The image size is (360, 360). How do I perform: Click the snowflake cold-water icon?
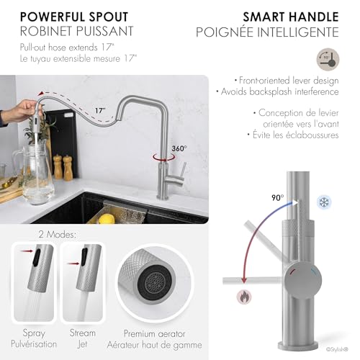[x=324, y=202]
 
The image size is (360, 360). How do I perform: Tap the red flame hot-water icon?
[x=244, y=297]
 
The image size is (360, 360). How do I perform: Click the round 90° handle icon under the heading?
[x=328, y=59]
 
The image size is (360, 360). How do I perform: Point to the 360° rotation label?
[x=179, y=148]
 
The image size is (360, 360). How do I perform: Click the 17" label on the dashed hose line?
[x=100, y=110]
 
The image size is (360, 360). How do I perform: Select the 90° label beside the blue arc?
[x=278, y=197]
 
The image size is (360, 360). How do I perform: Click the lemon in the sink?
[x=107, y=218]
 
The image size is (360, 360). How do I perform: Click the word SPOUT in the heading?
[x=109, y=17]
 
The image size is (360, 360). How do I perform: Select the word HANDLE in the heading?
[x=314, y=17]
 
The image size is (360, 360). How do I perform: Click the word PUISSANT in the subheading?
[x=104, y=31]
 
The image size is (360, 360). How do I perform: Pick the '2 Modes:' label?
[x=58, y=234]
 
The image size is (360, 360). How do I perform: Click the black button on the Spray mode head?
[x=37, y=258]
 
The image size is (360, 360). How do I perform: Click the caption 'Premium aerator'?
[x=155, y=333]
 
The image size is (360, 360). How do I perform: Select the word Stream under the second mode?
[x=83, y=333]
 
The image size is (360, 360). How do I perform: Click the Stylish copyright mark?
[x=337, y=349]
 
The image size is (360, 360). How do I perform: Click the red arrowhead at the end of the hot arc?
[x=244, y=280]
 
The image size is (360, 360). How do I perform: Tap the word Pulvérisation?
[x=34, y=344]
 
